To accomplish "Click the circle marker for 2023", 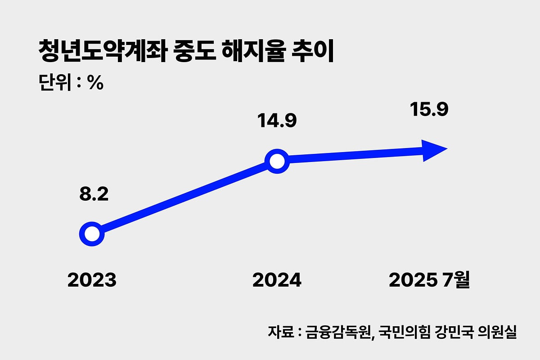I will point(92,234).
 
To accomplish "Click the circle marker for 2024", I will point(277,161).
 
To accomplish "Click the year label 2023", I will point(92,280).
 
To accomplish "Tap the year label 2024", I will point(277,280).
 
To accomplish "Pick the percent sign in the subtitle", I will point(96,83).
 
